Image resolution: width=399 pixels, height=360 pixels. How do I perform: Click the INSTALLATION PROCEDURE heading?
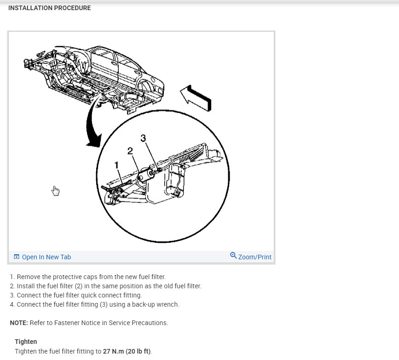point(49,8)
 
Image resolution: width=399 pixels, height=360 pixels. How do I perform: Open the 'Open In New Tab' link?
point(46,257)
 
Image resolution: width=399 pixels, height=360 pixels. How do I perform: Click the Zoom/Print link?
point(254,257)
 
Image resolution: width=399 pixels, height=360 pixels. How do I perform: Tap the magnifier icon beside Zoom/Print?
point(233,256)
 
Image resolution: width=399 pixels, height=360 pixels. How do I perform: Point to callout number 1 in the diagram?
point(117,165)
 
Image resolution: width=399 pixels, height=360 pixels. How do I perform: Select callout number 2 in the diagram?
point(130,150)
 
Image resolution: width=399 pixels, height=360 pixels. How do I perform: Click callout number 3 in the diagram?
point(143,138)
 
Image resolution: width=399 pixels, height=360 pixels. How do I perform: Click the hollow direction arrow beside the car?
point(195,96)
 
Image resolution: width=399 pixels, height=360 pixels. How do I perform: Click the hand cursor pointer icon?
point(56,190)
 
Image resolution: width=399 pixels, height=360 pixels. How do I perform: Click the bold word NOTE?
point(19,323)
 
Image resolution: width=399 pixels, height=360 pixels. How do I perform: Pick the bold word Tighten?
point(26,342)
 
